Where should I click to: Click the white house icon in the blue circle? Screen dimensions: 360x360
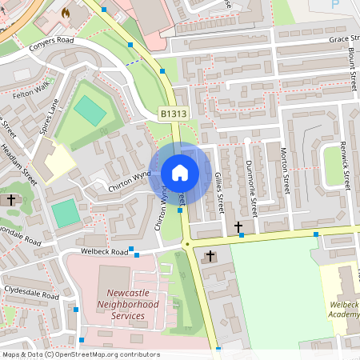[x=180, y=173]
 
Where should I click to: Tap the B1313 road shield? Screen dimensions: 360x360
[x=173, y=115]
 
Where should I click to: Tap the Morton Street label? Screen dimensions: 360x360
[x=284, y=171]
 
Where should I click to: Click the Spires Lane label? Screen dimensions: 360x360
[x=50, y=116]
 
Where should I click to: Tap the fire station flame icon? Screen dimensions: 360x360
[x=66, y=14]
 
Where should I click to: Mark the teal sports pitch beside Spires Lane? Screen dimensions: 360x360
[x=90, y=111]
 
